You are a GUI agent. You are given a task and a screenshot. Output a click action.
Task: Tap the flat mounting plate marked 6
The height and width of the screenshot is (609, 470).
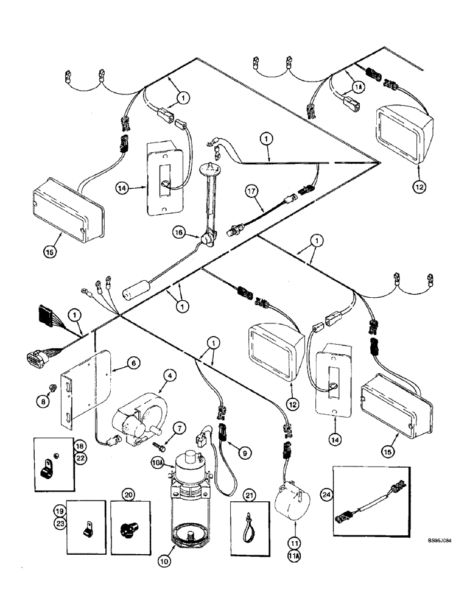(88, 390)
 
